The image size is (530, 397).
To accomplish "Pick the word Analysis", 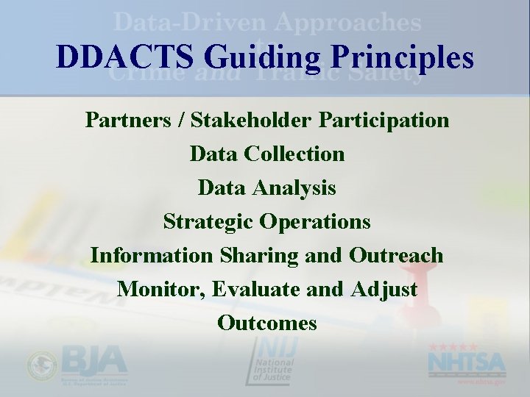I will point(295,188).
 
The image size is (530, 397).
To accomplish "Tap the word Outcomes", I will point(267,323).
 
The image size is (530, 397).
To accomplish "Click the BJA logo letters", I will point(93,360).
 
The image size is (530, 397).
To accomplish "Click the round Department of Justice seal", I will point(41,365).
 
